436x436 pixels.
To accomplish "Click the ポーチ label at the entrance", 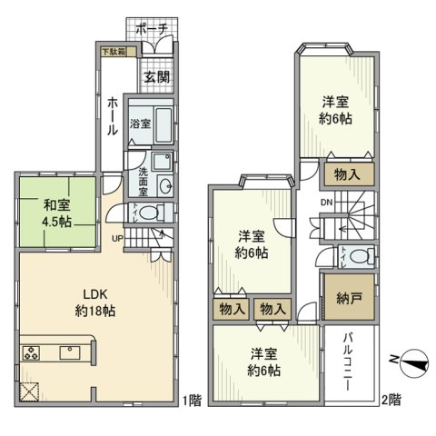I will (151, 29).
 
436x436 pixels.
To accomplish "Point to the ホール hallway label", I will (111, 116).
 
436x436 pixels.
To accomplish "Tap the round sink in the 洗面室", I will (164, 186).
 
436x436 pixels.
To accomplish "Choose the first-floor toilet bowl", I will (150, 213).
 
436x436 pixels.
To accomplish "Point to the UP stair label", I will (117, 238).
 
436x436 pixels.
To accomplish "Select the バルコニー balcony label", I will (348, 359).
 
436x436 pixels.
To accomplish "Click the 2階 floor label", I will (391, 400).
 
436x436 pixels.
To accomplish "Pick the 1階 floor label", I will (190, 400).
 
